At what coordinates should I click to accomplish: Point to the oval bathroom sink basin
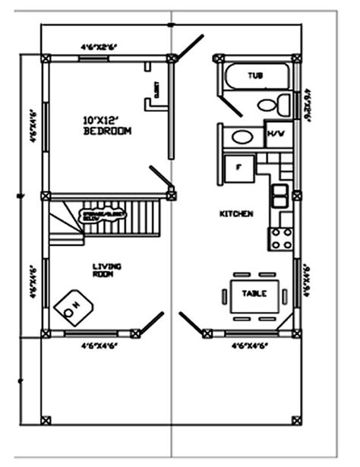click(x=242, y=137)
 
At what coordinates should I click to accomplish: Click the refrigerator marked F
click(x=238, y=168)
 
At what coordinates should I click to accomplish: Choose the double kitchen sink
click(x=280, y=194)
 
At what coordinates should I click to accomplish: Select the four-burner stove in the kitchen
click(x=281, y=238)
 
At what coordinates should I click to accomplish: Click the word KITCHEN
click(x=236, y=215)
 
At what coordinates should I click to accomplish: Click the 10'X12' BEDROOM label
click(x=106, y=125)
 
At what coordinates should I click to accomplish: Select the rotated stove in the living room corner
click(x=74, y=305)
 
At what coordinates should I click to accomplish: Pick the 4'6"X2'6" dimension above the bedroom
click(x=99, y=47)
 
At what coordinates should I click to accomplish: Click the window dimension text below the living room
click(x=99, y=346)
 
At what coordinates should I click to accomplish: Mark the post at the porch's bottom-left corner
click(x=46, y=419)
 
